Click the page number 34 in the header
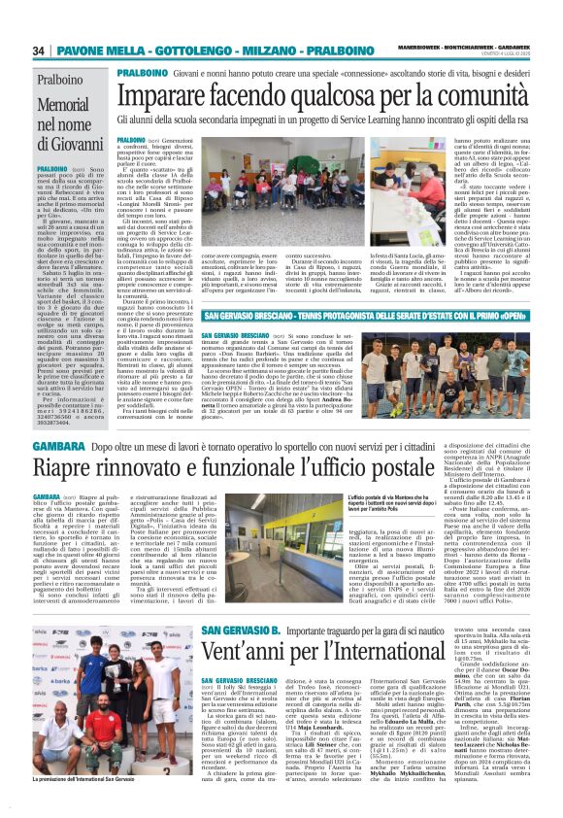38,51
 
